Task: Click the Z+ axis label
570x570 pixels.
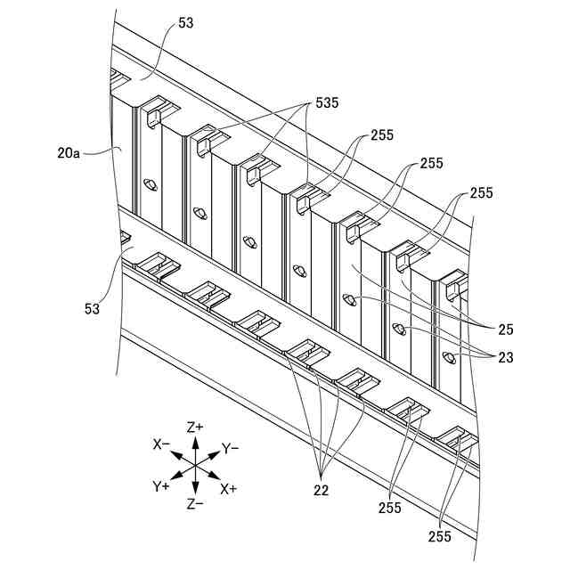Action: pyautogui.click(x=195, y=427)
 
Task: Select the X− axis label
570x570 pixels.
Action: pyautogui.click(x=161, y=444)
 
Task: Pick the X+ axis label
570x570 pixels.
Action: pyautogui.click(x=229, y=488)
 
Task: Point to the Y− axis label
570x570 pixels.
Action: pyautogui.click(x=231, y=448)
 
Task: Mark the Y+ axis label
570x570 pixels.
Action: pyautogui.click(x=161, y=486)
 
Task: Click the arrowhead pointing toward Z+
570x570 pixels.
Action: pyautogui.click(x=195, y=440)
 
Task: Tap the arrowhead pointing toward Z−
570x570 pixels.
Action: pyautogui.click(x=195, y=491)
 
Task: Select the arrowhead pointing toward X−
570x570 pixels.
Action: pyautogui.click(x=173, y=452)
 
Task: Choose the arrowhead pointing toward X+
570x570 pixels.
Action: pyautogui.click(x=216, y=478)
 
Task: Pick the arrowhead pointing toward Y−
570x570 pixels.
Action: pyautogui.click(x=216, y=453)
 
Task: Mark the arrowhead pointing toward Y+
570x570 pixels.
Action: pyautogui.click(x=174, y=478)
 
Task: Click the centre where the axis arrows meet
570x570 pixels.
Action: pyautogui.click(x=195, y=466)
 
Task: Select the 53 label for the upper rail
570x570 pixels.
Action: pyautogui.click(x=185, y=24)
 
